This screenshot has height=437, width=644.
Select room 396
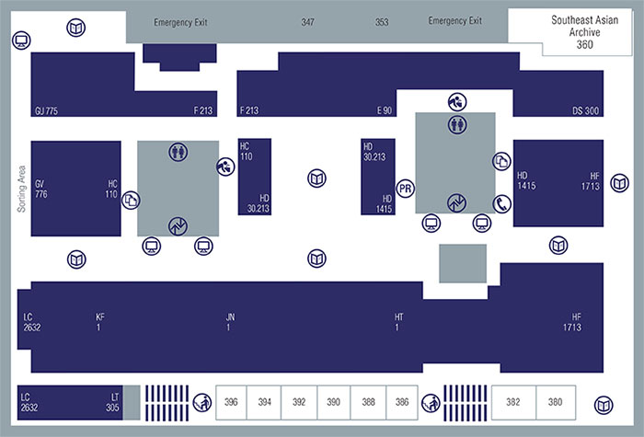[x=231, y=402]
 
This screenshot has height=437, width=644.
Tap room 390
[x=333, y=402]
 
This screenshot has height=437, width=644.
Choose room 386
[x=401, y=402]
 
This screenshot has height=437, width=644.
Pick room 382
[x=512, y=402]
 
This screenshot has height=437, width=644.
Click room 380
[x=555, y=402]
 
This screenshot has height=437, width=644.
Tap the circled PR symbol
[x=404, y=190]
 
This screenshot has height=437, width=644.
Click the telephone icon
[x=501, y=204]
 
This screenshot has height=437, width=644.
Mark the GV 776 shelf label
[x=40, y=189]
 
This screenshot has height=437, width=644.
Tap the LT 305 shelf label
[x=112, y=402]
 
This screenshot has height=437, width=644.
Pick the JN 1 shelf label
[x=230, y=322]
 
